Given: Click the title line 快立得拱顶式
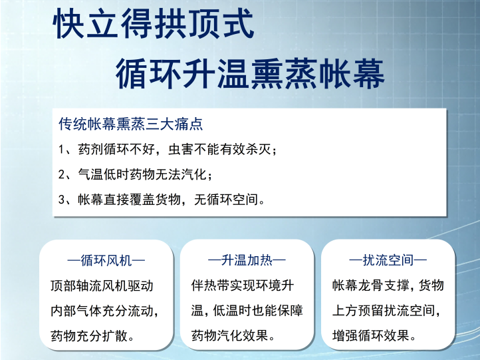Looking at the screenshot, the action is click(x=154, y=23).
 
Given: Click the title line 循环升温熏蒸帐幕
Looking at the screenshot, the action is click(x=250, y=74).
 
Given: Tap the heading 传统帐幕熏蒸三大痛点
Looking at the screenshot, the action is click(x=131, y=124).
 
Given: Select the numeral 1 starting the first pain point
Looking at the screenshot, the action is click(x=61, y=150).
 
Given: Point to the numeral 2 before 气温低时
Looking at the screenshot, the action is click(x=62, y=174).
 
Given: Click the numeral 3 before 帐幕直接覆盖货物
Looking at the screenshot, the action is click(x=62, y=200).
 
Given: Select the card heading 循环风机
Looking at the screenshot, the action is click(x=106, y=261).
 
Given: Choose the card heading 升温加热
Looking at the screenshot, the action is click(x=247, y=260).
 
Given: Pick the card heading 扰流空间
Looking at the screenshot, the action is click(x=388, y=260).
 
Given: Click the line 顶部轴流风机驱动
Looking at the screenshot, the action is click(x=102, y=286).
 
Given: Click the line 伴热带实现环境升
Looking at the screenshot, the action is click(x=243, y=285).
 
